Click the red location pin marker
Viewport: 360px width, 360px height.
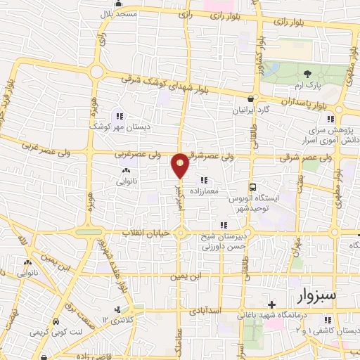coord(180,166)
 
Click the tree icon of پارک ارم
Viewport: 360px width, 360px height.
coord(307,73)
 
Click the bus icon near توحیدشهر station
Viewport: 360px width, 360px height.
coord(252,187)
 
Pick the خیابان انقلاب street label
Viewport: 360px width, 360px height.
coord(142,232)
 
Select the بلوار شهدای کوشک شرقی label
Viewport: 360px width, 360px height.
coord(165,85)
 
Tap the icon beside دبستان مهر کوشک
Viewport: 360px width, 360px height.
coord(120,116)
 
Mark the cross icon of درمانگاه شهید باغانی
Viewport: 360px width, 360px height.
coord(271,304)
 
